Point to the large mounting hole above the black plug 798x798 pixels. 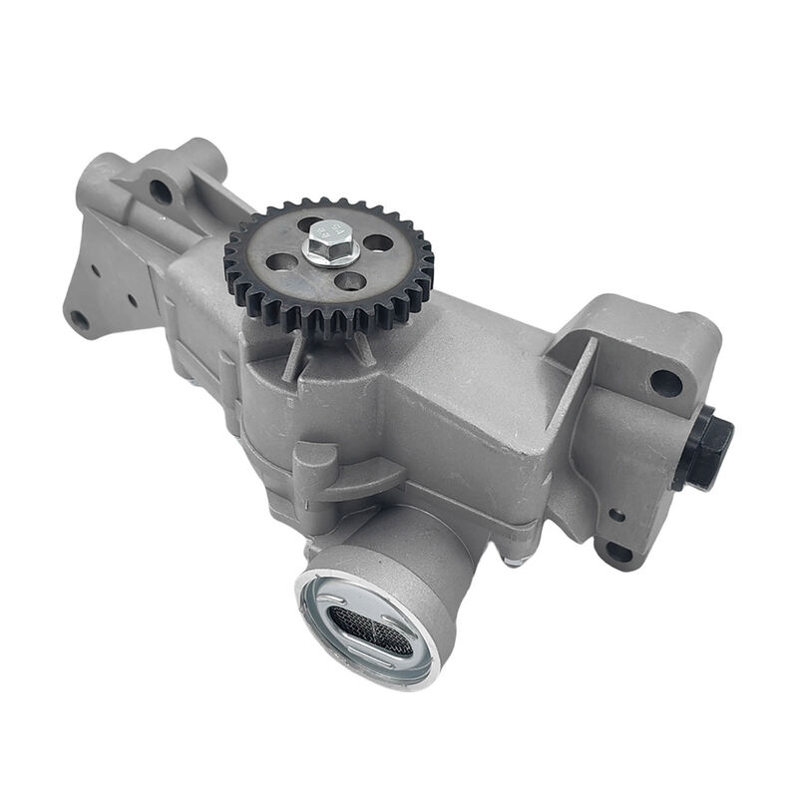pyautogui.click(x=665, y=381)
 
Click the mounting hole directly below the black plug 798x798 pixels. pyautogui.click(x=619, y=551)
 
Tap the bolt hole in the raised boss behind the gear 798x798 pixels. pyautogui.click(x=160, y=191)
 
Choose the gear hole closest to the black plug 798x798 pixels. pyautogui.click(x=377, y=242)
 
